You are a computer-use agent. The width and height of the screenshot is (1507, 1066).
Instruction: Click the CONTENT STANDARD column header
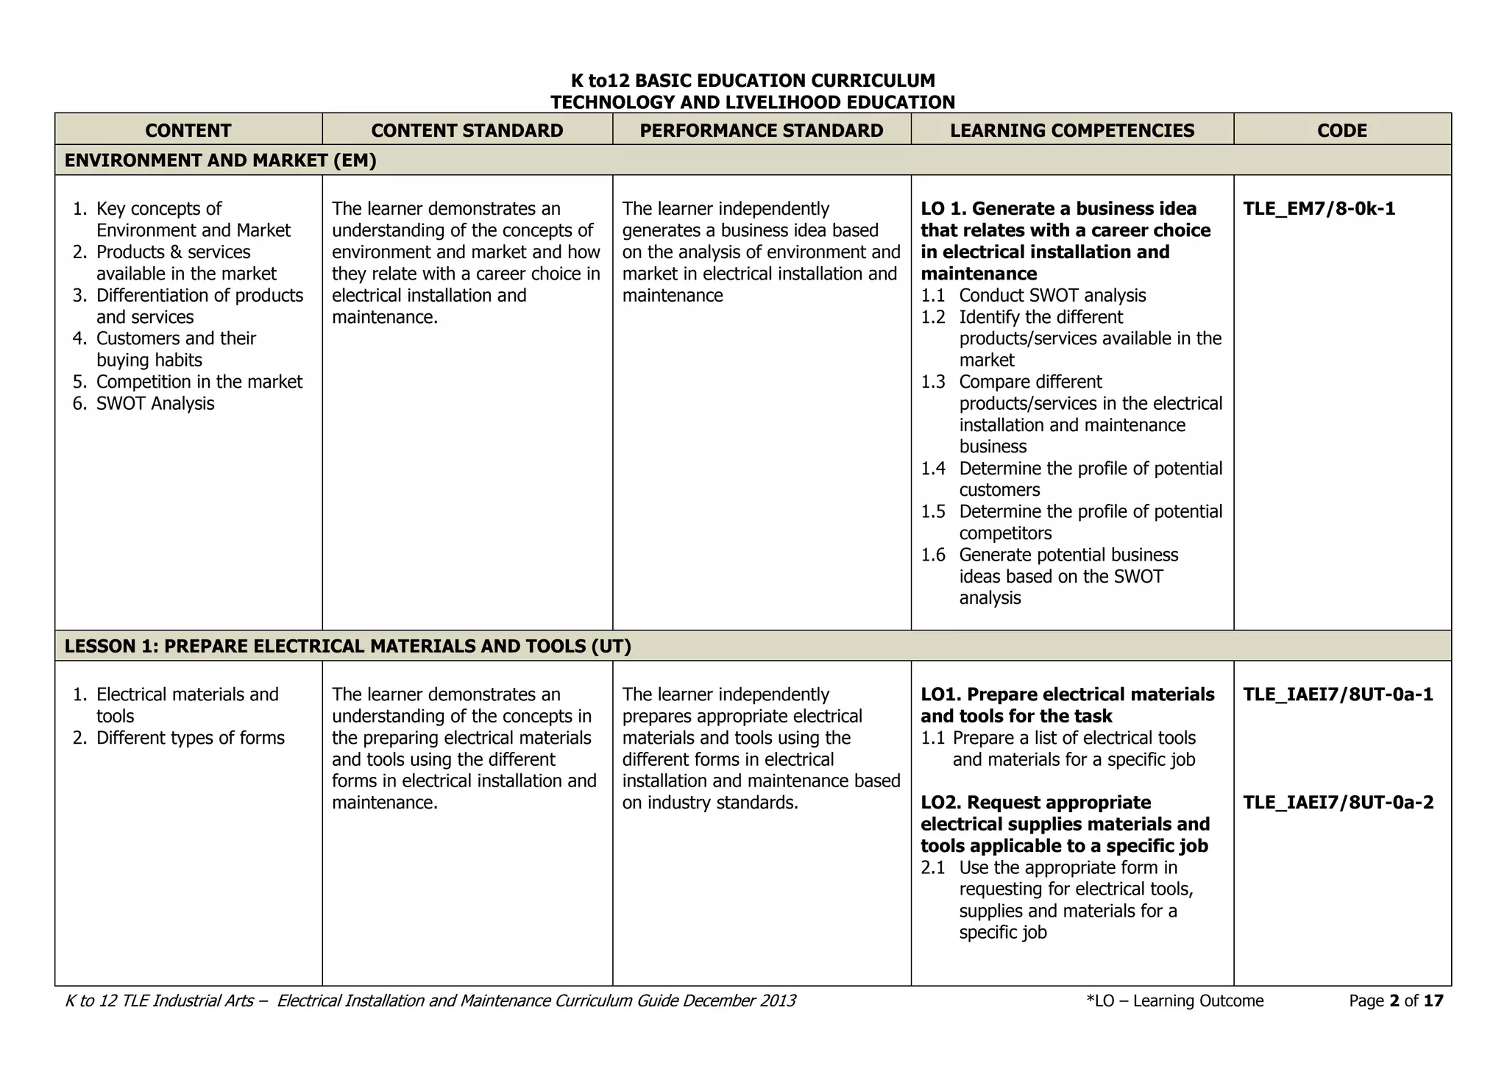[467, 130]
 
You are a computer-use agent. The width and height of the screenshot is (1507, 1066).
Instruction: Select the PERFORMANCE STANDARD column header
[761, 130]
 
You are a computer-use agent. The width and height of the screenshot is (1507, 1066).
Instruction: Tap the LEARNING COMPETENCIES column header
[1071, 130]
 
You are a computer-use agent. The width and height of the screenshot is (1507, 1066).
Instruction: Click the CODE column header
[1341, 130]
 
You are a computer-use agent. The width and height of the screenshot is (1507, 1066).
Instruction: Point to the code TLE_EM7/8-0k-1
[1319, 209]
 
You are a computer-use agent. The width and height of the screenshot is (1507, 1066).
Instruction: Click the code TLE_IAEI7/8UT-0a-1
[1338, 694]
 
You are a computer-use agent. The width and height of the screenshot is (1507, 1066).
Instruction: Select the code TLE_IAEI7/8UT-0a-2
[1338, 803]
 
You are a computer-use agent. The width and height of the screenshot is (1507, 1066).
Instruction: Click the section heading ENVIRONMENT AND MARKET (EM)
[220, 160]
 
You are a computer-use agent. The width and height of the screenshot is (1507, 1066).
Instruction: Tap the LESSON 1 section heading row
[347, 647]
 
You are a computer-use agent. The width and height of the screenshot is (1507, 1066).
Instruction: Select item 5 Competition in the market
[199, 382]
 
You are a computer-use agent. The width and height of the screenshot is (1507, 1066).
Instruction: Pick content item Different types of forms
[190, 738]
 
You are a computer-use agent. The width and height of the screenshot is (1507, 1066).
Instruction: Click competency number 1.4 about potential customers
[933, 469]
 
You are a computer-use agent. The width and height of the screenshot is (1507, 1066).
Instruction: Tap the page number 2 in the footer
[1394, 1001]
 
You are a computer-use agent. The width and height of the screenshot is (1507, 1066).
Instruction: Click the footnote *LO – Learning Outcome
[1174, 1001]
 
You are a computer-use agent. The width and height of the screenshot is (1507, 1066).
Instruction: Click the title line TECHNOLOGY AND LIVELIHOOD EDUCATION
[752, 102]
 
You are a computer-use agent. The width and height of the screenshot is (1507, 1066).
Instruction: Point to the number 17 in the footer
[1433, 1001]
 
